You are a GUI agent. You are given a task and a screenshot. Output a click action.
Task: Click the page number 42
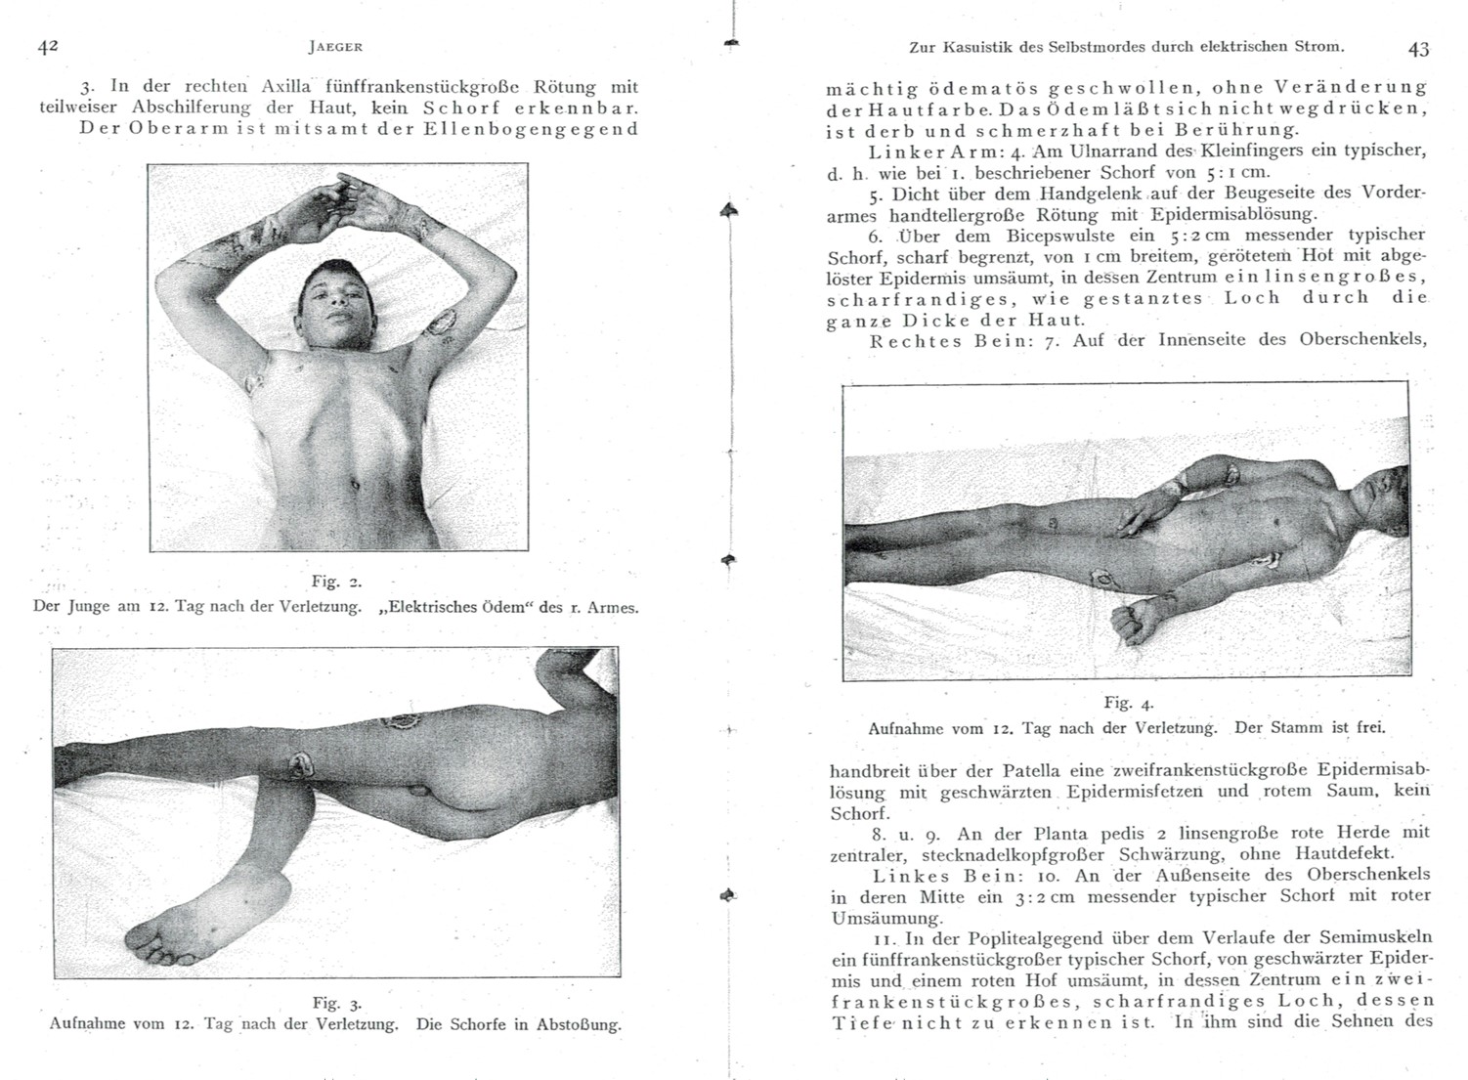pos(49,46)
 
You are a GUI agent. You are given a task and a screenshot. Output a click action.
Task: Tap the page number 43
pos(1418,48)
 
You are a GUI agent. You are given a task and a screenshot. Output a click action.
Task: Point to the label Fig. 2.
pos(336,582)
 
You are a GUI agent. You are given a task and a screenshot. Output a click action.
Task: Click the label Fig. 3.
pos(336,1003)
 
